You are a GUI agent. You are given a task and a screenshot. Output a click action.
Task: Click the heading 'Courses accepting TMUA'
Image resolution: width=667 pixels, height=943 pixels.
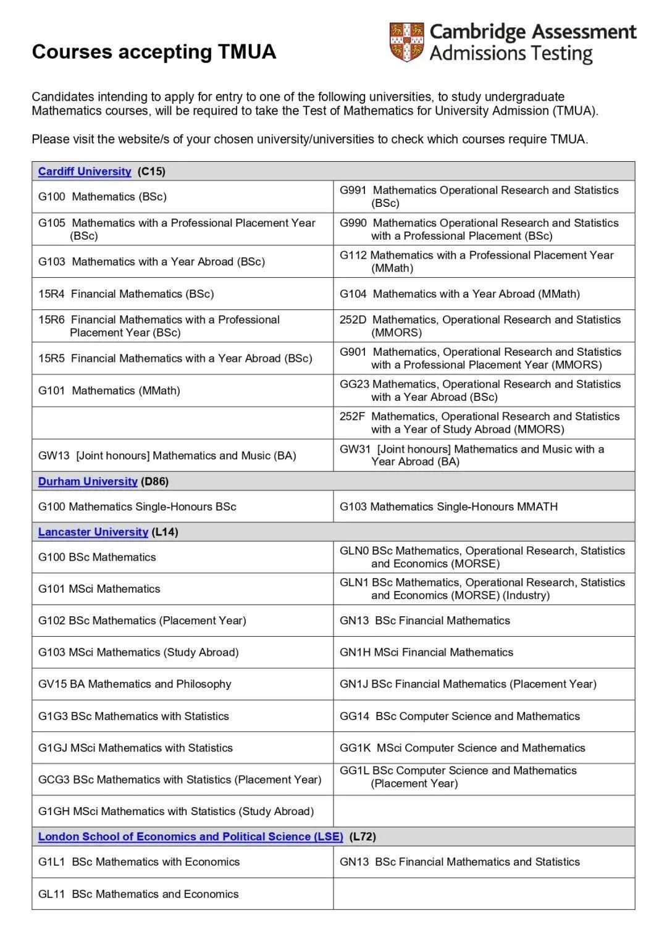coord(154,52)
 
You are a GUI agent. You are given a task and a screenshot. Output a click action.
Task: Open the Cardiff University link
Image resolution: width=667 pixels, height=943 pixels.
coord(85,172)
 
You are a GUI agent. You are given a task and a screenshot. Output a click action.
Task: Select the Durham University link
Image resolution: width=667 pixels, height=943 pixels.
coord(88,482)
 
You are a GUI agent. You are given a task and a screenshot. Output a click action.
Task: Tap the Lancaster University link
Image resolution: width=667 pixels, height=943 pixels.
coord(93,532)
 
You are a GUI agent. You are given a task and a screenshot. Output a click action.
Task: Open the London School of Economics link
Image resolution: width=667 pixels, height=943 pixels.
coord(190,837)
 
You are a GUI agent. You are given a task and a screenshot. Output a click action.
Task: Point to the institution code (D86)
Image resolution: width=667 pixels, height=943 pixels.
coord(155,482)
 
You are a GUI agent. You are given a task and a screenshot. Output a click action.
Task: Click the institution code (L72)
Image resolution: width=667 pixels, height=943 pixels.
coord(363,837)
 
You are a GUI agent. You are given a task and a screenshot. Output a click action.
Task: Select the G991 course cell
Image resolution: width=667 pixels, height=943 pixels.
coord(479,197)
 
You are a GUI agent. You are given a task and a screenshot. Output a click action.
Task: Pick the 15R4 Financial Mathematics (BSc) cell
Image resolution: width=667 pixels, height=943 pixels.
coord(126,294)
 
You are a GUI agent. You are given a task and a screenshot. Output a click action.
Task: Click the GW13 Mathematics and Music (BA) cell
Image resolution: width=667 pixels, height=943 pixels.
coord(167,456)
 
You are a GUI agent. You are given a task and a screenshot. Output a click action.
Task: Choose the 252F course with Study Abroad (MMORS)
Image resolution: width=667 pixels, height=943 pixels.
coord(479,423)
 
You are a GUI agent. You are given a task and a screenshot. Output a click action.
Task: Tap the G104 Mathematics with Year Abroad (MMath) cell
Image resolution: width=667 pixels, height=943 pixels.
coord(459,294)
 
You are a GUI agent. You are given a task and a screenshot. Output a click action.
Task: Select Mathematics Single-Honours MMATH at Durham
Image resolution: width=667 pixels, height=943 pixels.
coord(448,507)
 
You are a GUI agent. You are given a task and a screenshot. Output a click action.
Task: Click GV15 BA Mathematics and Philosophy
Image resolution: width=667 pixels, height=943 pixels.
coord(135,684)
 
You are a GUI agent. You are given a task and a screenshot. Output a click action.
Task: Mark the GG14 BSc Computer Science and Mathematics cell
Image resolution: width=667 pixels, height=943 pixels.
coord(459,716)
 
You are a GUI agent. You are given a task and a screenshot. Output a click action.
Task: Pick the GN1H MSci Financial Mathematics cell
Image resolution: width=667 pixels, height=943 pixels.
coord(426,653)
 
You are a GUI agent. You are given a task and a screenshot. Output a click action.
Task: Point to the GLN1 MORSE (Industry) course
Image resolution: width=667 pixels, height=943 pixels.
coord(482,589)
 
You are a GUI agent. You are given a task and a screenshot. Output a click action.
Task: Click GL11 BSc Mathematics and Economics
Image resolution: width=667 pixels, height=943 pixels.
coord(138,894)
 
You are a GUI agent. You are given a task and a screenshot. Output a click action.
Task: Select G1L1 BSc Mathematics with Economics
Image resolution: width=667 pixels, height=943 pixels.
coord(139,862)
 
